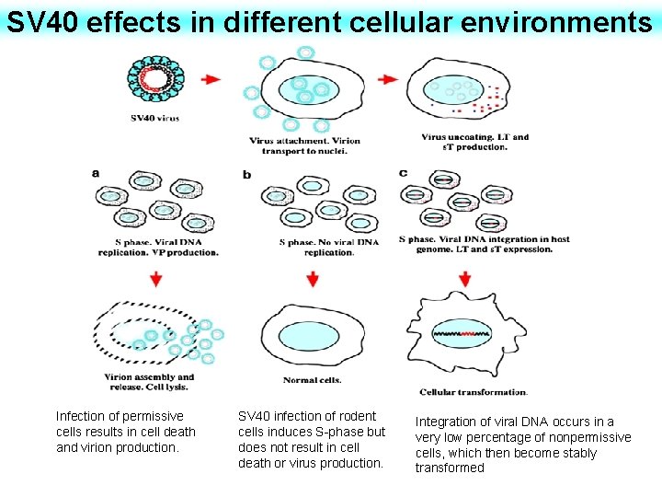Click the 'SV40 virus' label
pos(154,117)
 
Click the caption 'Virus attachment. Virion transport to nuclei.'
pos(304,145)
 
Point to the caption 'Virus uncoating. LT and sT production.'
pos(474,142)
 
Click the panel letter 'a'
pos(97,172)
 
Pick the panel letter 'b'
pos(247,173)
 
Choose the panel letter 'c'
pos(404,172)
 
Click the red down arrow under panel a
pos(156,277)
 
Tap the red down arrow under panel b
pos(313,278)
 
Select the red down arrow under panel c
pos(465,277)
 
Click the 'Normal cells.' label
pos(312,379)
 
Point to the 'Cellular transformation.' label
pos(473,392)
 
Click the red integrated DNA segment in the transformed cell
pos(472,332)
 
